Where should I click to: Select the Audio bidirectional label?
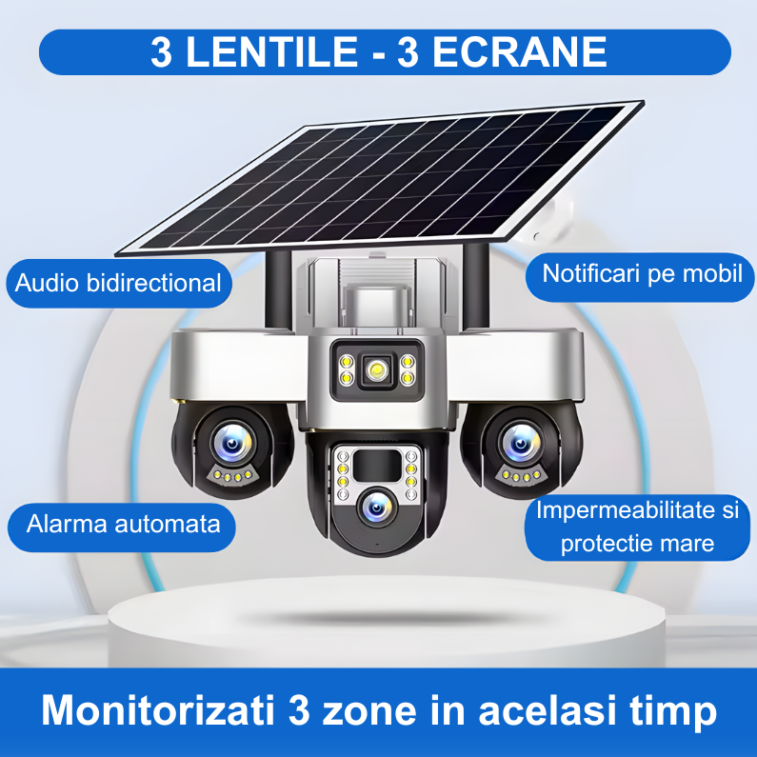coord(119,283)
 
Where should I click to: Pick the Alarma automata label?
coord(124,524)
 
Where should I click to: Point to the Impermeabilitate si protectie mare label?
coord(637,527)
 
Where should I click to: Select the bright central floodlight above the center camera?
coord(377,369)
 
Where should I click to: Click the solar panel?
coord(381,176)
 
